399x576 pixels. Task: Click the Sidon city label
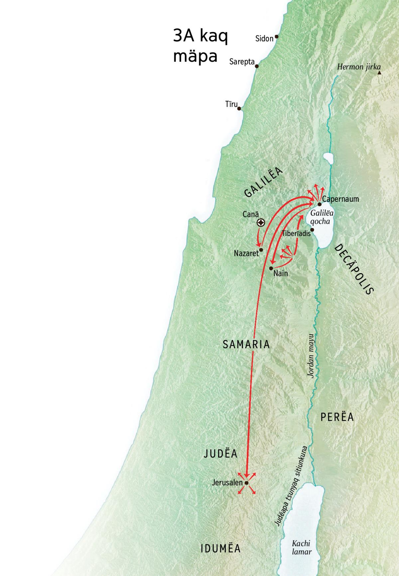[x=264, y=39]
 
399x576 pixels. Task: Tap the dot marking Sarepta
[x=256, y=66]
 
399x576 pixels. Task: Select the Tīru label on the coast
[x=231, y=104]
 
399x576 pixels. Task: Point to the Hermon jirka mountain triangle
[x=379, y=72]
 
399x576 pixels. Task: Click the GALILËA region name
[x=263, y=182]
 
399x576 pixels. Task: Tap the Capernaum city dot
[x=320, y=204]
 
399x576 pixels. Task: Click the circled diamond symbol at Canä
[x=261, y=223]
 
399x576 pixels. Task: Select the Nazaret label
[x=246, y=254]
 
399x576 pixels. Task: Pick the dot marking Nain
[x=271, y=268]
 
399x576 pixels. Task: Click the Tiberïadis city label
[x=296, y=233]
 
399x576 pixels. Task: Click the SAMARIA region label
[x=246, y=344]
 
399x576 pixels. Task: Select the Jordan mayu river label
[x=311, y=356]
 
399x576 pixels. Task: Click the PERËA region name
[x=337, y=417]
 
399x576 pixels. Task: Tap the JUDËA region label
[x=220, y=454]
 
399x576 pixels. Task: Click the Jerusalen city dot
[x=246, y=483]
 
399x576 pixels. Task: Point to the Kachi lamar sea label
[x=302, y=547]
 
